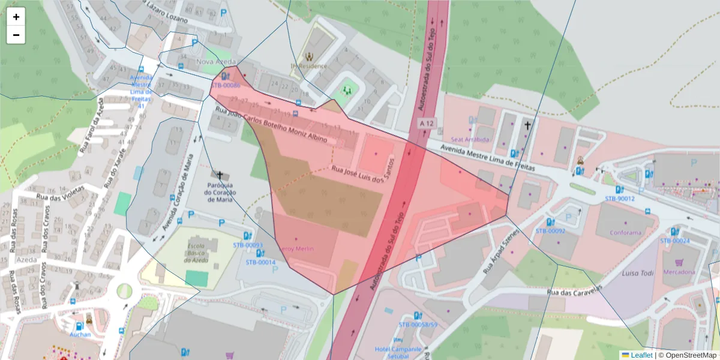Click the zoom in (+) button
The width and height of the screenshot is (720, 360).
point(16,17)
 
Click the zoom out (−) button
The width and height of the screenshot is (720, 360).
point(16,35)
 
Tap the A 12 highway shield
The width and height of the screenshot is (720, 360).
point(427,123)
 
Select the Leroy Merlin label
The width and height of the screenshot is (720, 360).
point(298,248)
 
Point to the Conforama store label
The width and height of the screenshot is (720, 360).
point(626,233)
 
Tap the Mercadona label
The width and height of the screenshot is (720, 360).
point(679,272)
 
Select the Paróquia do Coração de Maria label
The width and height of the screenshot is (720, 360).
point(220,192)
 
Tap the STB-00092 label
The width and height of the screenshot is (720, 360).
point(550,230)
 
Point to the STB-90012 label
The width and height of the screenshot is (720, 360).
point(619,198)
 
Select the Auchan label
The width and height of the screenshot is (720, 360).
point(80,334)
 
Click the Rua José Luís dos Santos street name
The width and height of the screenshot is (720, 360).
point(365,171)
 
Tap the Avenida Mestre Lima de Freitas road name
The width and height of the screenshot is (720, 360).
point(487,158)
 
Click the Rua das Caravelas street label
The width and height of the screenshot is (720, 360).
point(574,290)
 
